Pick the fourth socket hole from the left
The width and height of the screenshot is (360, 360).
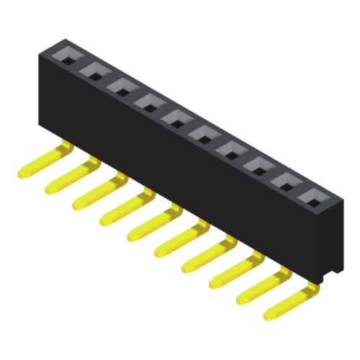(x=149, y=101)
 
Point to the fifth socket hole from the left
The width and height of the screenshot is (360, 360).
(x=176, y=116)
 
